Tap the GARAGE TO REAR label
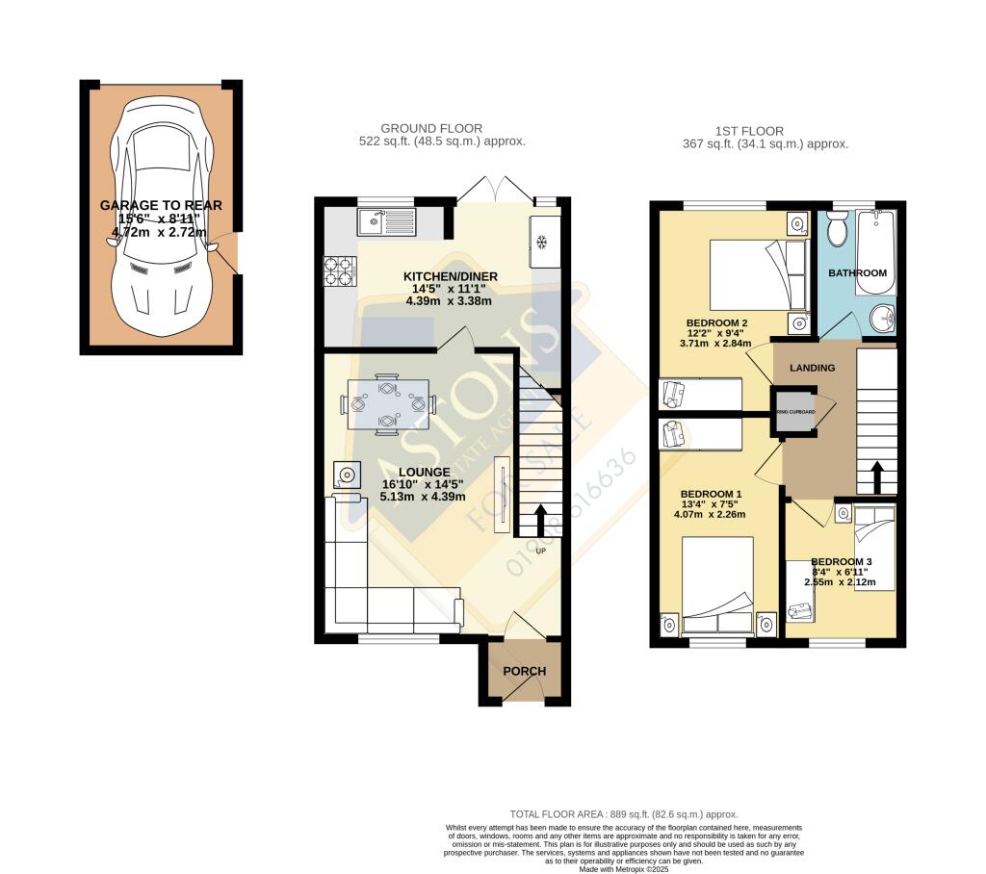click(161, 205)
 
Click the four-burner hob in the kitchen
click(340, 270)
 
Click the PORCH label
click(525, 671)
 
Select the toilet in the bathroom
click(836, 230)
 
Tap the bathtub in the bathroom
click(877, 252)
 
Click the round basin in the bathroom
click(880, 317)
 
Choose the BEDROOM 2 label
click(716, 322)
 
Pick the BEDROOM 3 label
click(841, 561)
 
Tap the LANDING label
click(812, 368)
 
